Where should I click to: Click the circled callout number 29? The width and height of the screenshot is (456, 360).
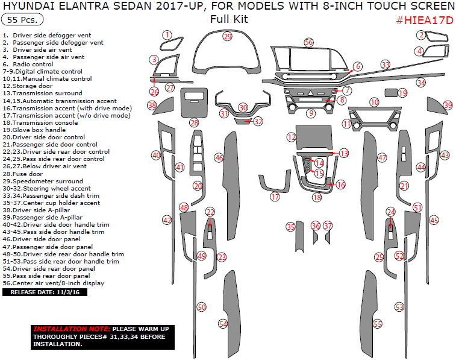(227, 36)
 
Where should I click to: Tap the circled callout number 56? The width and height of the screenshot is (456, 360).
(308, 42)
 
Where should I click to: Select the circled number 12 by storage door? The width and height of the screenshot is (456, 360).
(292, 138)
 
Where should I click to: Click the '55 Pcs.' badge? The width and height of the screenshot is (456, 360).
(23, 19)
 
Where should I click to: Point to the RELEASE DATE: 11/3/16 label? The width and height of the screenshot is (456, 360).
(45, 292)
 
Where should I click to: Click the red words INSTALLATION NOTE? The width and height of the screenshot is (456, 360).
(66, 328)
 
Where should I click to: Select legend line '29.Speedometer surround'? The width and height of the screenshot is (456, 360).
(42, 181)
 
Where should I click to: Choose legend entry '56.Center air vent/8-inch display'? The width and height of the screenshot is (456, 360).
(53, 283)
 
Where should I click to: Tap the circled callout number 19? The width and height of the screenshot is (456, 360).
(402, 93)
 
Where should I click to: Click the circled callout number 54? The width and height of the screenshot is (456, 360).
(223, 324)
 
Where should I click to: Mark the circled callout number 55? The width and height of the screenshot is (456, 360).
(378, 324)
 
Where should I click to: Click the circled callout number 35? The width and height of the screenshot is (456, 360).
(291, 227)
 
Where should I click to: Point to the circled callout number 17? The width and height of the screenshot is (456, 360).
(275, 197)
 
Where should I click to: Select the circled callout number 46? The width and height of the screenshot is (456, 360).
(219, 157)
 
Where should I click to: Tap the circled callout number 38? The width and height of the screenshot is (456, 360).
(152, 106)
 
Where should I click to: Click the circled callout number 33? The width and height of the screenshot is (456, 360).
(385, 65)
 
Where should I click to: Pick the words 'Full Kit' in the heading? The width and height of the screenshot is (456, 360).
(229, 19)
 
